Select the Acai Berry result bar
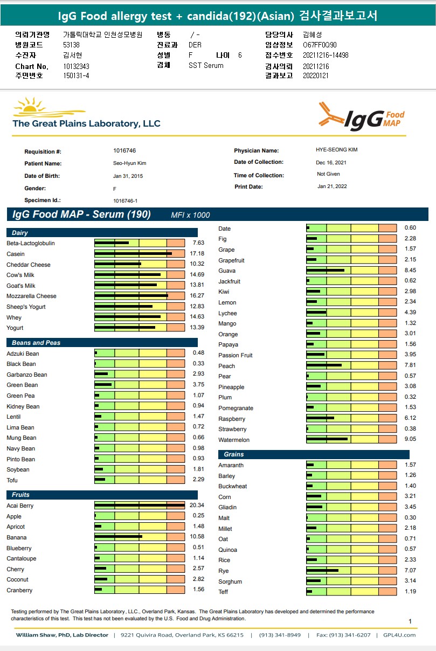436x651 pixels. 140,505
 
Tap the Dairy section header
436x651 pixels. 20,233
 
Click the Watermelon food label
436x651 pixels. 234,440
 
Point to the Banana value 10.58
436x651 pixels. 198,537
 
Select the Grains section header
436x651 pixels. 234,454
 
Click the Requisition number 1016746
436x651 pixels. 124,151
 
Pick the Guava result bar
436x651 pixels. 350,271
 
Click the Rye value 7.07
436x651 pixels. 410,571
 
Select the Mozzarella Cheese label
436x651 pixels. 31,296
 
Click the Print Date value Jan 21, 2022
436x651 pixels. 332,186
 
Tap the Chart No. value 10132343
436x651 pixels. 76,66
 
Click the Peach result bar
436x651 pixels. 350,365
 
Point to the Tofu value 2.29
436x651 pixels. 198,480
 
